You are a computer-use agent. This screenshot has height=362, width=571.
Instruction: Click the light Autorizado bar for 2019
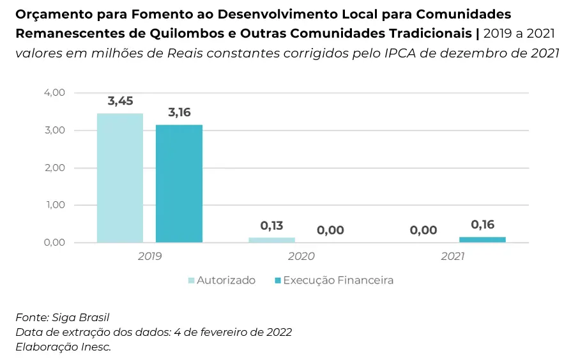click(120, 177)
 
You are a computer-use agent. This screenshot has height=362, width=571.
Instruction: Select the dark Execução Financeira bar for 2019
click(179, 183)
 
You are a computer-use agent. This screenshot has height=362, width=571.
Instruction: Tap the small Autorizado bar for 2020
click(271, 240)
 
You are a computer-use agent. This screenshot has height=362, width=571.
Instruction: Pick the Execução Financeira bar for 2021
click(482, 240)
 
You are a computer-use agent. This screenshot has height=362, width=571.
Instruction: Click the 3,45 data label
click(120, 101)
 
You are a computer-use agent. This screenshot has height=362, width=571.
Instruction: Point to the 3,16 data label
click(179, 112)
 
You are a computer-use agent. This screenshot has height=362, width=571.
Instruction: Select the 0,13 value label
click(271, 225)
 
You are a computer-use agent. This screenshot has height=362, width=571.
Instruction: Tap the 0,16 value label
click(483, 225)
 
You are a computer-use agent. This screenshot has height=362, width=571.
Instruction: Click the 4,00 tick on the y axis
click(54, 93)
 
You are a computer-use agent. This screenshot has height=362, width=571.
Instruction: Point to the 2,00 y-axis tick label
click(54, 168)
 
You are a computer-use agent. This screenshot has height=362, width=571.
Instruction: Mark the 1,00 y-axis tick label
click(54, 205)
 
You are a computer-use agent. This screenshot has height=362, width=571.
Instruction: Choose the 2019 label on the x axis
click(149, 257)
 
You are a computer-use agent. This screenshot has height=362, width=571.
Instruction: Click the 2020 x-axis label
click(301, 257)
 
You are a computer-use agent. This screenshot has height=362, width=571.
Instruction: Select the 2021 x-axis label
click(452, 257)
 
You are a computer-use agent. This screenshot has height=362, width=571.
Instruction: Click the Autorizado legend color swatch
click(190, 280)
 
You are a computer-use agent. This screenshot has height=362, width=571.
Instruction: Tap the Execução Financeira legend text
click(338, 280)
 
